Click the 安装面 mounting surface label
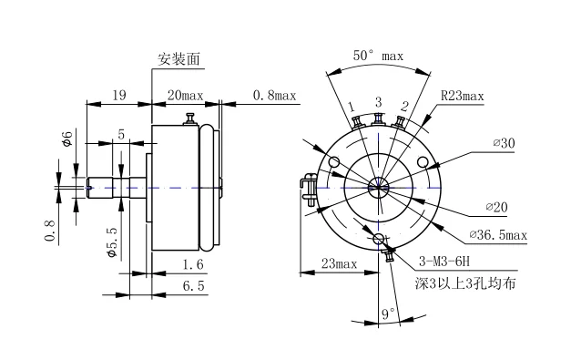coord(178,59)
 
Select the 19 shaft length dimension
coord(119,96)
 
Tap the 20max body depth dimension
coord(185,96)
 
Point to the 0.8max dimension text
coord(274,96)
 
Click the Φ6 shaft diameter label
coord(67,139)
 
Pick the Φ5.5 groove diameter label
coord(112,242)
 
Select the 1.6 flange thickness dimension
coord(193,264)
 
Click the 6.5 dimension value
coord(193,286)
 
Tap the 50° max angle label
coord(378,56)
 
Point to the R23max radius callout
coord(462,96)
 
